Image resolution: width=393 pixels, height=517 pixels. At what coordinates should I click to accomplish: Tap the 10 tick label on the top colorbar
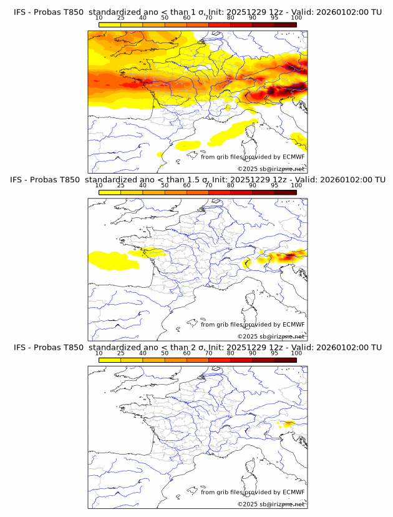[x=99, y=18]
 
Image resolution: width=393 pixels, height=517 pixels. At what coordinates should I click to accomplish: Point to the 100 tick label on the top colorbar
[x=296, y=18]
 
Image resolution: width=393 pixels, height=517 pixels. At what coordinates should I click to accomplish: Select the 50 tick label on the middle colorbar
[x=165, y=185]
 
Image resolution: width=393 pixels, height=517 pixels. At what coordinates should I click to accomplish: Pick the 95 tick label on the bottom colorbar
[x=274, y=353]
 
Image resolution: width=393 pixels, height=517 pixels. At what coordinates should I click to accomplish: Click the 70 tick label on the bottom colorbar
[x=208, y=353]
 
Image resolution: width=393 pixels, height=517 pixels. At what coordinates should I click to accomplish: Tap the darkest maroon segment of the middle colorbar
[x=285, y=192]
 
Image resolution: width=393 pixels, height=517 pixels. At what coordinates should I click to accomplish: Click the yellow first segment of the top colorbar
[x=110, y=24]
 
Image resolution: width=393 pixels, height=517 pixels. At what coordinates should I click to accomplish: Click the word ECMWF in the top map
[x=293, y=157]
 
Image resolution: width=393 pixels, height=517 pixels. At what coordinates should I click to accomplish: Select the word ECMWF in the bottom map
[x=293, y=492]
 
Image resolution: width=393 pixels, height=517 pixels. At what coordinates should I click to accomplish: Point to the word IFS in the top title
[x=21, y=12]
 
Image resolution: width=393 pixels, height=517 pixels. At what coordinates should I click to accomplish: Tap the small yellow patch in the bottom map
[x=288, y=424]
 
